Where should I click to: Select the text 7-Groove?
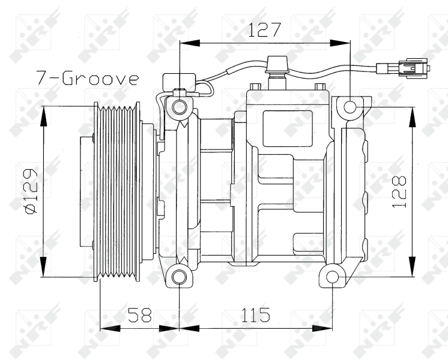pos(87,79)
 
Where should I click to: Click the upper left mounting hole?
pos(179,108)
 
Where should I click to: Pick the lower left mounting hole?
pos(179,277)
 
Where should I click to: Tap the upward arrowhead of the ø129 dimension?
pos(43,114)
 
